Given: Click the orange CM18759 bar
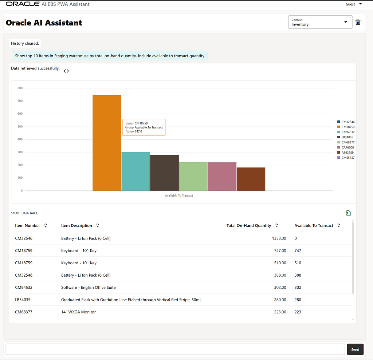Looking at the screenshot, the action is pyautogui.click(x=107, y=143).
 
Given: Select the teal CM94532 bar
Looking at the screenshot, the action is pyautogui.click(x=136, y=171).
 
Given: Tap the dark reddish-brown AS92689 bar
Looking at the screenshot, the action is pyautogui.click(x=251, y=179).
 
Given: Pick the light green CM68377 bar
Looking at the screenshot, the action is pyautogui.click(x=193, y=177).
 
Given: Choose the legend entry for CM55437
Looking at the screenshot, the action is pyautogui.click(x=346, y=158).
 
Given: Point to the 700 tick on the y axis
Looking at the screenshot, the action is pyautogui.click(x=20, y=101).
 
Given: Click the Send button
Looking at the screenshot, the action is pyautogui.click(x=355, y=349).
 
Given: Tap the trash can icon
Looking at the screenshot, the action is pyautogui.click(x=358, y=22).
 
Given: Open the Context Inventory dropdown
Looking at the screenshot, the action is pyautogui.click(x=320, y=22).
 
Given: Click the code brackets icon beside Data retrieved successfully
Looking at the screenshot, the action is pyautogui.click(x=66, y=71).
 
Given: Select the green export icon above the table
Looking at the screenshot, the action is pyautogui.click(x=348, y=213).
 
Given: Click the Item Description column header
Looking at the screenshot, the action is pyautogui.click(x=76, y=225).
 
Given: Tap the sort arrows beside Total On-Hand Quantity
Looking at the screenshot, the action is pyautogui.click(x=277, y=225).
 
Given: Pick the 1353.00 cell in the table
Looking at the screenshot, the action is pyautogui.click(x=279, y=238).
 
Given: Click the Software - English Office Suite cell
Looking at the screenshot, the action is pyautogui.click(x=88, y=287).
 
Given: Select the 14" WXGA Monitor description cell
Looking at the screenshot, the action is pyautogui.click(x=79, y=312).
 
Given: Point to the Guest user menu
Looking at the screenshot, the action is pyautogui.click(x=354, y=4).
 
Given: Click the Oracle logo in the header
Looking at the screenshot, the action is pyautogui.click(x=23, y=4).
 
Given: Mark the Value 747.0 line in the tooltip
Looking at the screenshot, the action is pyautogui.click(x=134, y=131).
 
